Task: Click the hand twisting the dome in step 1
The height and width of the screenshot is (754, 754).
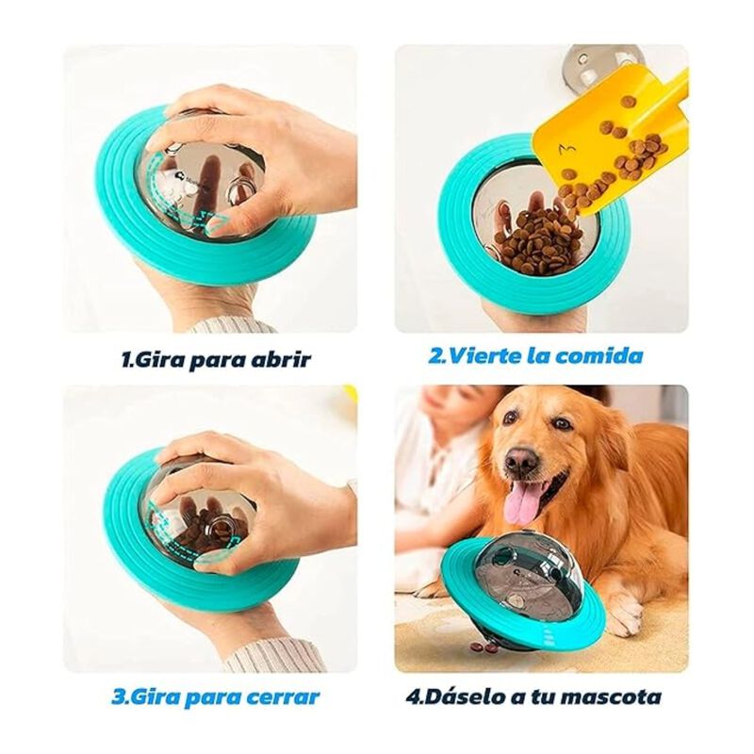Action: (254, 141)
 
